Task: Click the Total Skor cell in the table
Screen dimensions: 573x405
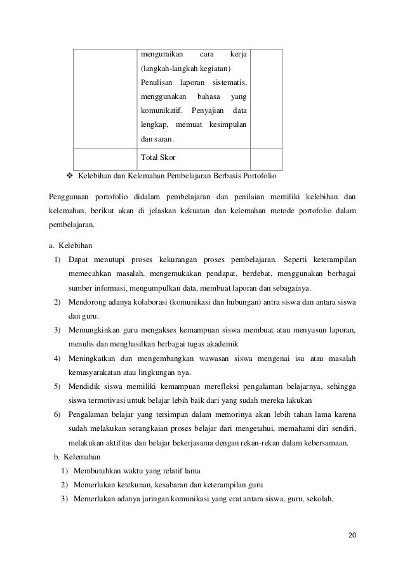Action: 158,156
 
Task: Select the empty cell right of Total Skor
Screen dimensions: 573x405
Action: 265,156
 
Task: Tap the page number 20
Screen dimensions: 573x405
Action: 352,536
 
